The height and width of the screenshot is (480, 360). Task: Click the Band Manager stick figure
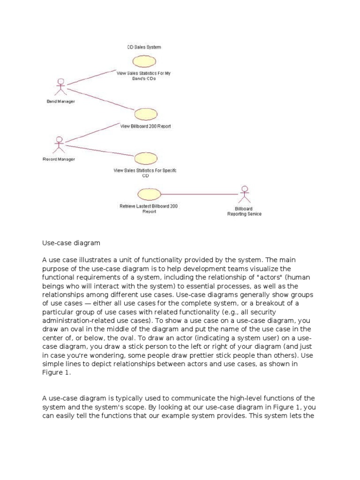click(60, 88)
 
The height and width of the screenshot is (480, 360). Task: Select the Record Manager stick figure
click(59, 144)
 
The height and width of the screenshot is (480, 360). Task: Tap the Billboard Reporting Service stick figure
click(244, 194)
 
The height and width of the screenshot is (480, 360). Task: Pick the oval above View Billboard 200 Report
click(145, 114)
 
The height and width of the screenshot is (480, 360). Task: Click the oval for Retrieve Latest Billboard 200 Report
click(149, 194)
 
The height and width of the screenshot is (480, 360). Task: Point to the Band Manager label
click(60, 101)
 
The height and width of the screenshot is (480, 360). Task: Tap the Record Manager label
click(59, 159)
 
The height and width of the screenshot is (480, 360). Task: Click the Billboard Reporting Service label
click(244, 211)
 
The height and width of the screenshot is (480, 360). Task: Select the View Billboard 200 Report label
click(145, 126)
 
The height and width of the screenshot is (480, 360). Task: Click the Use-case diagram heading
click(71, 243)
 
